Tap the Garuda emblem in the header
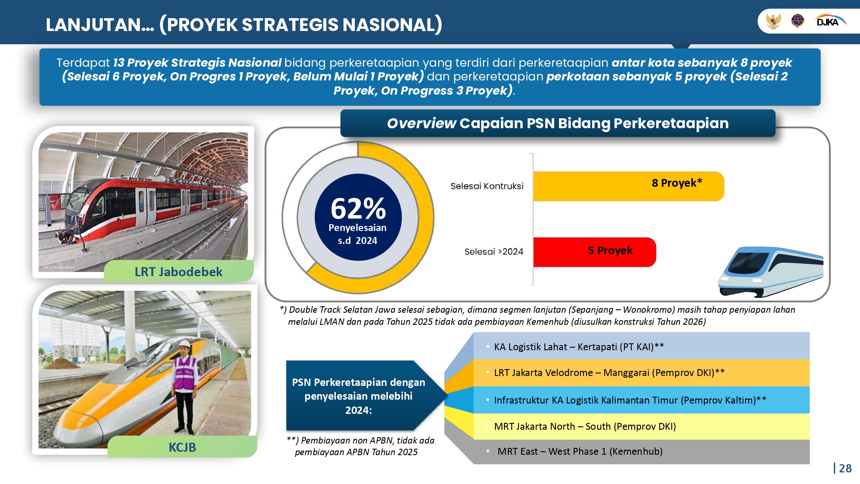774,21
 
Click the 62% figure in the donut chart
358,209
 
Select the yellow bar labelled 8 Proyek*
628,186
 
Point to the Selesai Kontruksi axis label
487,186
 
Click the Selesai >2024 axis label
494,252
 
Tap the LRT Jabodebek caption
178,272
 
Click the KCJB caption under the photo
182,447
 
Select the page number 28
845,469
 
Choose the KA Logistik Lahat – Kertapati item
578,347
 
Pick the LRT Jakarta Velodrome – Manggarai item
609,373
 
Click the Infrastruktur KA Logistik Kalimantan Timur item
630,400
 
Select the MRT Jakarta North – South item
585,426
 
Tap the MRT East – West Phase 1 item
580,451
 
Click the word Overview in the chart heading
421,123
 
